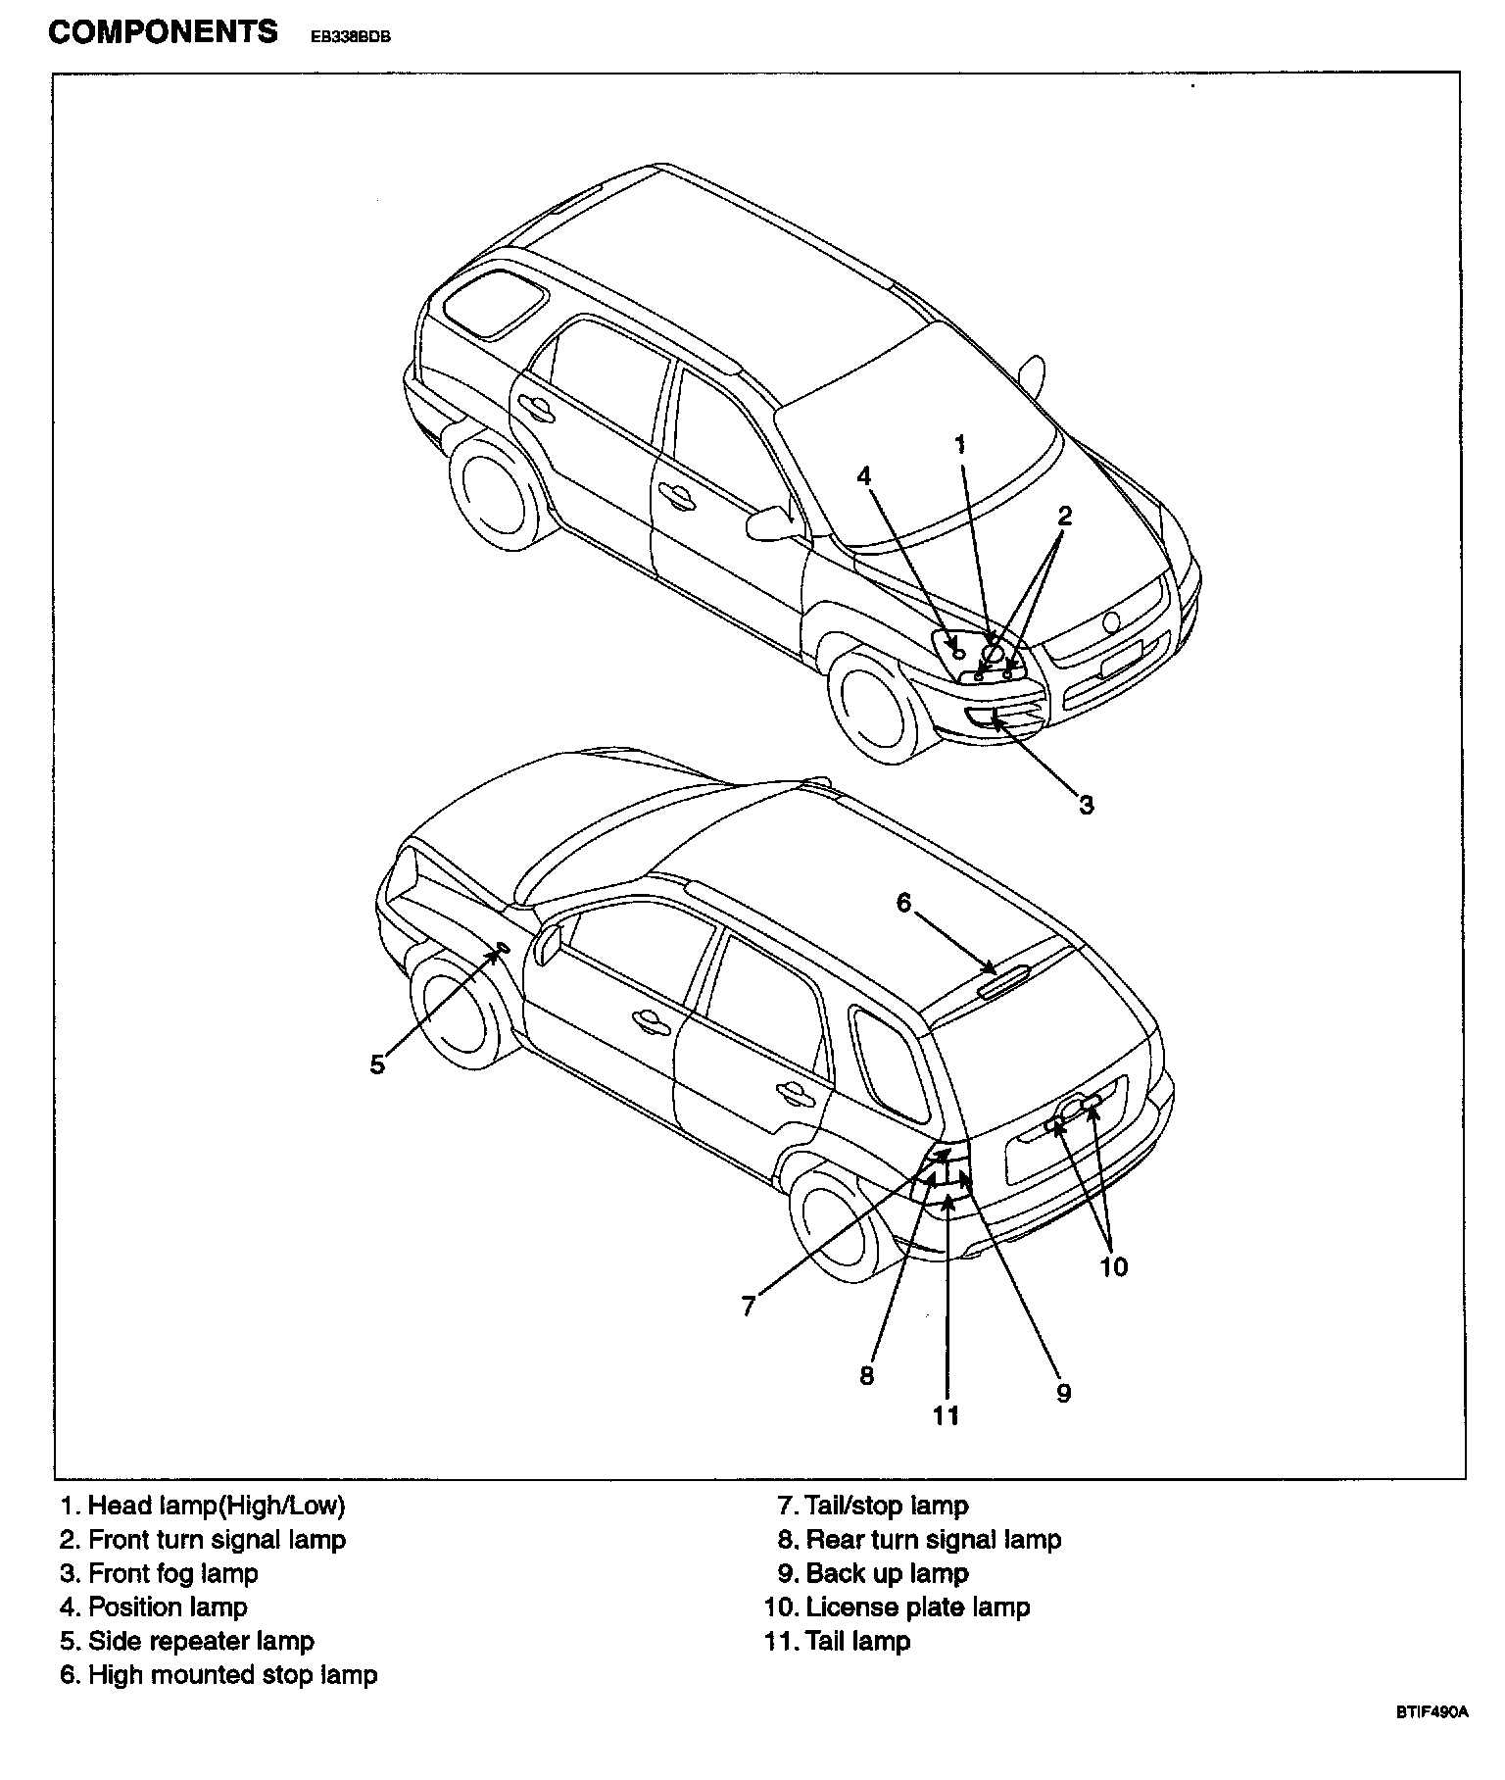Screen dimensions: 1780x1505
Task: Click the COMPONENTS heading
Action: [163, 32]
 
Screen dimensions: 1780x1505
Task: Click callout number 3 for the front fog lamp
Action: [1086, 806]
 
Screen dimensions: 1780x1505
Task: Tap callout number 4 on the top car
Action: [863, 476]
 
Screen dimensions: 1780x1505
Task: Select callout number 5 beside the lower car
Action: [378, 1064]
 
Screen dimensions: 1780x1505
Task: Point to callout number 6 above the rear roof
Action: [903, 902]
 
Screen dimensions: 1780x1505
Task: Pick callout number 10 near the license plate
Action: [1113, 1266]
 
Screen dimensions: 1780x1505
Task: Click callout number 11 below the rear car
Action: [946, 1414]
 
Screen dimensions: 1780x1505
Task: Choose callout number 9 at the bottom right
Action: [1064, 1392]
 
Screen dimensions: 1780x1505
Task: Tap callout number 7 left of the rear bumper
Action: [749, 1306]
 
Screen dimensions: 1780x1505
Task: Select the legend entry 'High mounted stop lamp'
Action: [218, 1675]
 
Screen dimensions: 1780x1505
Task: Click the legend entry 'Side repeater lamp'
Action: [187, 1641]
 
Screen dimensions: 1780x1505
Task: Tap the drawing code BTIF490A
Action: [1432, 1740]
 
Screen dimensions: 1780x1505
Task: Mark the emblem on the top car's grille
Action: [1111, 622]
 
